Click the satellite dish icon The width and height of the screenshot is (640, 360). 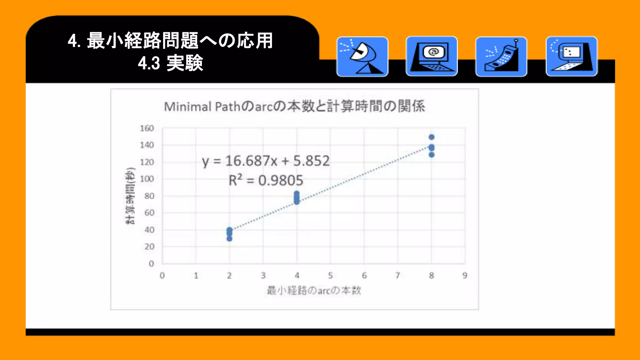point(362,57)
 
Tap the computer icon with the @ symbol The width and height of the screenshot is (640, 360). point(432,57)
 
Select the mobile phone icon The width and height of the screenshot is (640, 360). point(501,57)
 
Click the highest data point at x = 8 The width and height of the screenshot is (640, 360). point(432,137)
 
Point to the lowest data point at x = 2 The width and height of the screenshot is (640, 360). point(229,239)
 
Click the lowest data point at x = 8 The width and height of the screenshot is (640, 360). point(432,155)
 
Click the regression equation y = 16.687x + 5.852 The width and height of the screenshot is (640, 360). point(266,161)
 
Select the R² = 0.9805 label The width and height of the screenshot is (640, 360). point(266,180)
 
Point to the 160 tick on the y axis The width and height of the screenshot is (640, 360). point(147,128)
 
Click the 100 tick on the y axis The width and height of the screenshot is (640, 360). point(147,179)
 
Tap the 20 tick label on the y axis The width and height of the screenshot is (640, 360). point(149,247)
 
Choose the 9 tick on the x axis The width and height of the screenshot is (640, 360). point(465,276)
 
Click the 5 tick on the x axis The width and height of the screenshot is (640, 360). point(330,276)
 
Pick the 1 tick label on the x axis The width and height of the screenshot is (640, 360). point(196,276)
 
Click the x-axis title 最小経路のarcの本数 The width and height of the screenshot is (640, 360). point(314,291)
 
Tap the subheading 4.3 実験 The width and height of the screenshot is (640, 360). point(171,63)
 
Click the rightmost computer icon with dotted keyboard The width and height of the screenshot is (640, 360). point(572,57)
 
